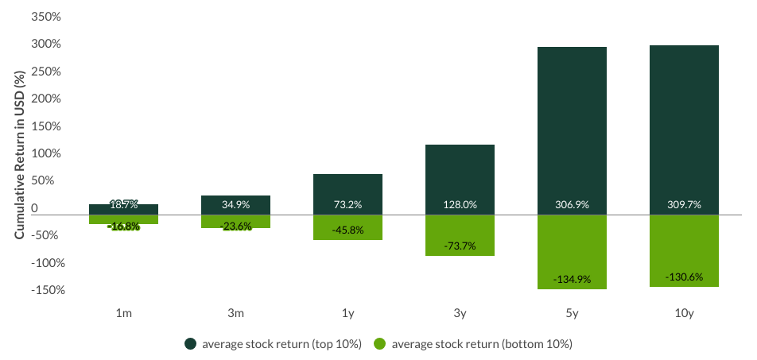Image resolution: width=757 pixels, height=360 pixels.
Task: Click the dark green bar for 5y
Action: (572, 127)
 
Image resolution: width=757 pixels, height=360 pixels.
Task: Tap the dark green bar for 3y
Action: (460, 175)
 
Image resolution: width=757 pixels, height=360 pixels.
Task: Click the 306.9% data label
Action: (572, 205)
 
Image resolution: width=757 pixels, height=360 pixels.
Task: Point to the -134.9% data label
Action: (572, 280)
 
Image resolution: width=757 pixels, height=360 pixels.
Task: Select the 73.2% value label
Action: (347, 205)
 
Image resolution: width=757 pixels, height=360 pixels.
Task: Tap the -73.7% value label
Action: (460, 246)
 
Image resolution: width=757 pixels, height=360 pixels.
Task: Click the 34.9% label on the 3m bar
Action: (235, 205)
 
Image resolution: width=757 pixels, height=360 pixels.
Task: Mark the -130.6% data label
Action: (684, 277)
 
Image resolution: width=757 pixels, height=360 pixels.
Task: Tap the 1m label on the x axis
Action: (123, 314)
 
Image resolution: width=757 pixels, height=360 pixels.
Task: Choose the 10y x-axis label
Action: (684, 314)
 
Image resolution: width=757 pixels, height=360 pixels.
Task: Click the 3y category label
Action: (460, 314)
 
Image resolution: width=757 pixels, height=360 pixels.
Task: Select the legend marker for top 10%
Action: (190, 344)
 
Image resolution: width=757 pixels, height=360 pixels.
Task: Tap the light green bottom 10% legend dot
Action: (380, 344)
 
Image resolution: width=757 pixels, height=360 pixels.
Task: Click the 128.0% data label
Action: (460, 205)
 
